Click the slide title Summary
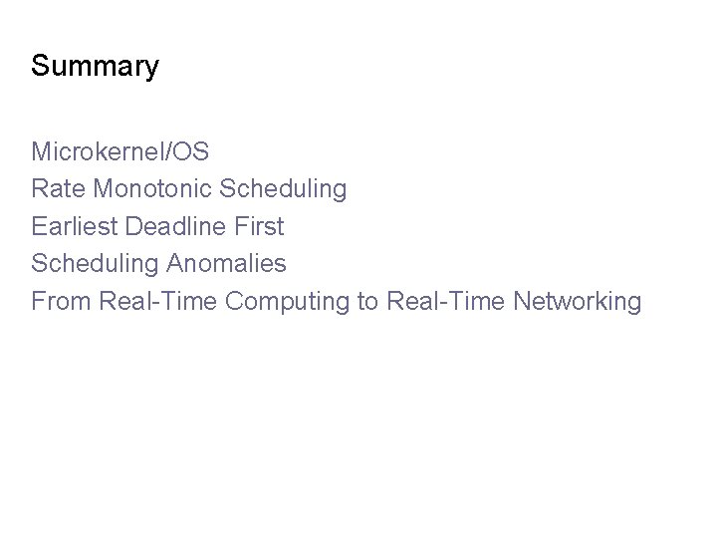95,67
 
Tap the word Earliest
73,226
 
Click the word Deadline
174,226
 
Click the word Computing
286,302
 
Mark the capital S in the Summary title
40,67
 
